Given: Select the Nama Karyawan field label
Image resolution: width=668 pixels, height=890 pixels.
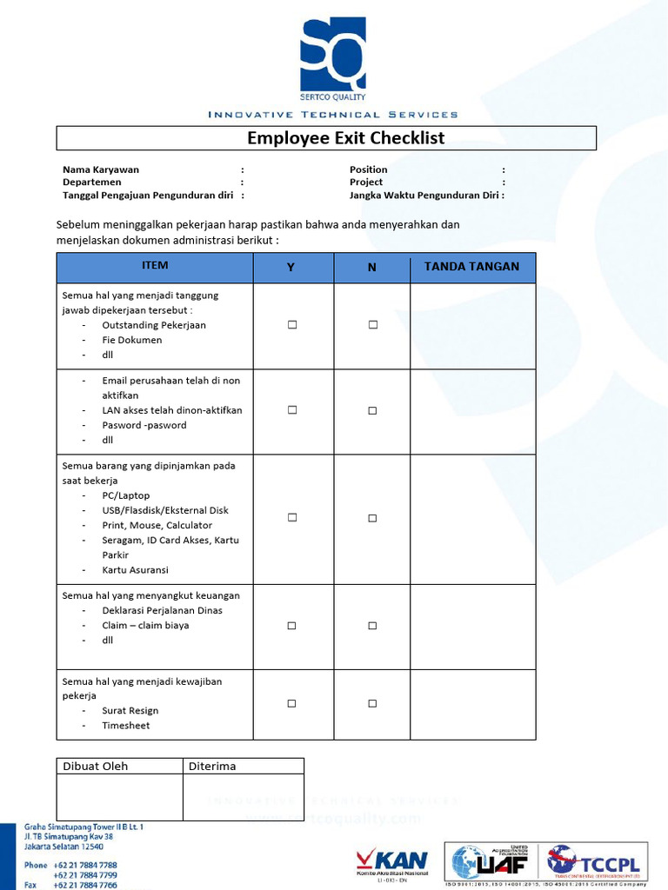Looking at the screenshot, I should point(101,169).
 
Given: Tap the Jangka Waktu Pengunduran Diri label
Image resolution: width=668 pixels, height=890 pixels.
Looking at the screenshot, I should point(424,196).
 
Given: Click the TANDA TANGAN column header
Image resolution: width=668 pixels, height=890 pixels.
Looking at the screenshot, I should point(471,267).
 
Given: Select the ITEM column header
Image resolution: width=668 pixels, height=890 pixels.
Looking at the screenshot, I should point(155,266).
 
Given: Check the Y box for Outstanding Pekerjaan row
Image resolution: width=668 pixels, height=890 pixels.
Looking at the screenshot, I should point(292,324).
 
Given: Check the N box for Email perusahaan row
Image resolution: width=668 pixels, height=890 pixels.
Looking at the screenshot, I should point(372,410).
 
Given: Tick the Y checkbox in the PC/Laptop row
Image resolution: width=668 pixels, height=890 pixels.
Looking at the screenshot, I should point(292,517).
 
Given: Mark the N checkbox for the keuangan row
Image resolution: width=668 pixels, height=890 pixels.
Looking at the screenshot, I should point(372,626).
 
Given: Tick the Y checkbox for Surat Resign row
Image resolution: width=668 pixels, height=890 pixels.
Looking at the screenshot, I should point(292,703).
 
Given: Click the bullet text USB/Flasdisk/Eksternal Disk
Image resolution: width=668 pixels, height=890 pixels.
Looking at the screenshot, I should point(165,510).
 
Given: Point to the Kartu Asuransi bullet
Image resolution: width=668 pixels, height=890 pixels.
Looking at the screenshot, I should point(135,570).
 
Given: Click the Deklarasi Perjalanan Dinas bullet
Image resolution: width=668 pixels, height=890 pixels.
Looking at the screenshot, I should point(162,610).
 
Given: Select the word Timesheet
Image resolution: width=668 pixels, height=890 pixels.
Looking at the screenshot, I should point(126,725).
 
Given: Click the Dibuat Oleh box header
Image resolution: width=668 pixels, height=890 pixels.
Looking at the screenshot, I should point(96,766).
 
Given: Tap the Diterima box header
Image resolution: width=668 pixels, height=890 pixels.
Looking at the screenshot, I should point(212,766).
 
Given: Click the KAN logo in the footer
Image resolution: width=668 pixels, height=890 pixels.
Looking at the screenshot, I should point(392,861).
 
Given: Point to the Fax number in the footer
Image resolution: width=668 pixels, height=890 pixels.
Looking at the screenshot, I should point(85,885).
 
